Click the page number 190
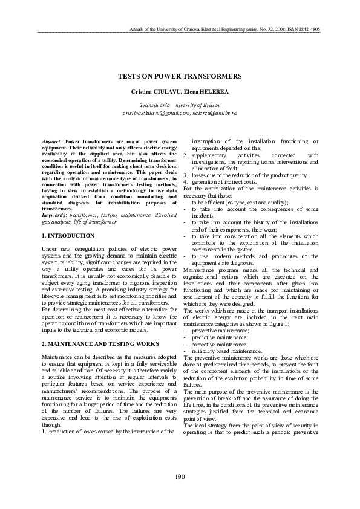(180, 477)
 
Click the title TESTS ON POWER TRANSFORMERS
(180, 76)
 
